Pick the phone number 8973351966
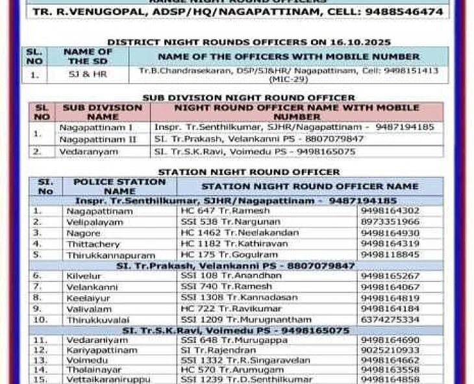pyautogui.click(x=390, y=222)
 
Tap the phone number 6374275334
pyautogui.click(x=390, y=320)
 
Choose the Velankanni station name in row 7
pyautogui.click(x=92, y=287)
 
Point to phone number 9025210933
pyautogui.click(x=390, y=350)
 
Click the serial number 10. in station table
pyautogui.click(x=41, y=320)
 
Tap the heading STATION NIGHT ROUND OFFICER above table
pyautogui.click(x=249, y=172)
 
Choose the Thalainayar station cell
pyautogui.click(x=93, y=369)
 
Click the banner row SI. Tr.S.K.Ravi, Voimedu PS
pyautogui.click(x=236, y=330)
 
